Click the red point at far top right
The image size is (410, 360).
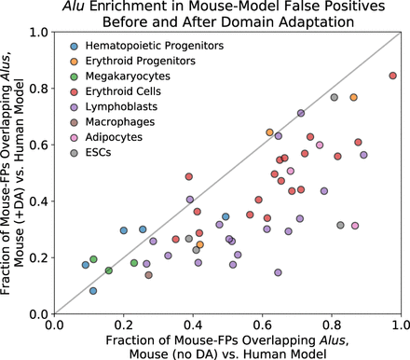[392, 76]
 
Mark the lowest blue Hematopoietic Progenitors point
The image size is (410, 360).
[93, 291]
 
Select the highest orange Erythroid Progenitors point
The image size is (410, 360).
[353, 97]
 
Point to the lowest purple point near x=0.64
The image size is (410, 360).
[278, 272]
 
